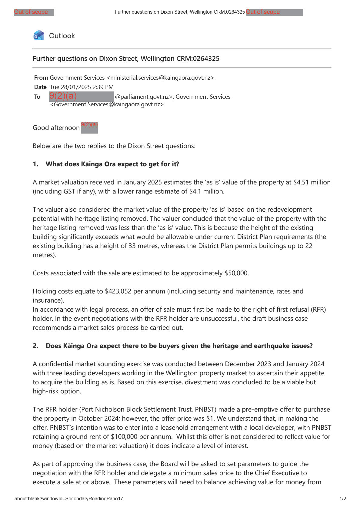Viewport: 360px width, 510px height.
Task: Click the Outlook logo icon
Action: [x=39, y=35]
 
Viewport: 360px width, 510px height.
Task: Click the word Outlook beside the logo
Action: [x=62, y=36]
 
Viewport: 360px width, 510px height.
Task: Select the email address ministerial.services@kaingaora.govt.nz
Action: [x=160, y=78]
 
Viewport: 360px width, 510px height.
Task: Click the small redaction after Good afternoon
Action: [x=89, y=127]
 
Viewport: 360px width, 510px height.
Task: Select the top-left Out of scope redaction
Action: [x=34, y=12]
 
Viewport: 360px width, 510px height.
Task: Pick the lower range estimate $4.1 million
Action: [x=206, y=191]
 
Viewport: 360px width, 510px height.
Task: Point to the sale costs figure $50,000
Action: [x=236, y=273]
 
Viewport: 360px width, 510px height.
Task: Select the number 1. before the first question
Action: [x=35, y=164]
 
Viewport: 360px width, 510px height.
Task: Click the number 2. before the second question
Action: [x=35, y=346]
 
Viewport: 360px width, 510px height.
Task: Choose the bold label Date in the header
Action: [x=40, y=87]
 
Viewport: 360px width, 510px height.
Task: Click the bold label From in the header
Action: [x=41, y=78]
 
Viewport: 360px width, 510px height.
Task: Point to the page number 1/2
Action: [x=343, y=499]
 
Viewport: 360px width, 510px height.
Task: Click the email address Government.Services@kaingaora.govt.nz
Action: [x=107, y=104]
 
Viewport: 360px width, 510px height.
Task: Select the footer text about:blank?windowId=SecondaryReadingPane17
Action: [x=69, y=499]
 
